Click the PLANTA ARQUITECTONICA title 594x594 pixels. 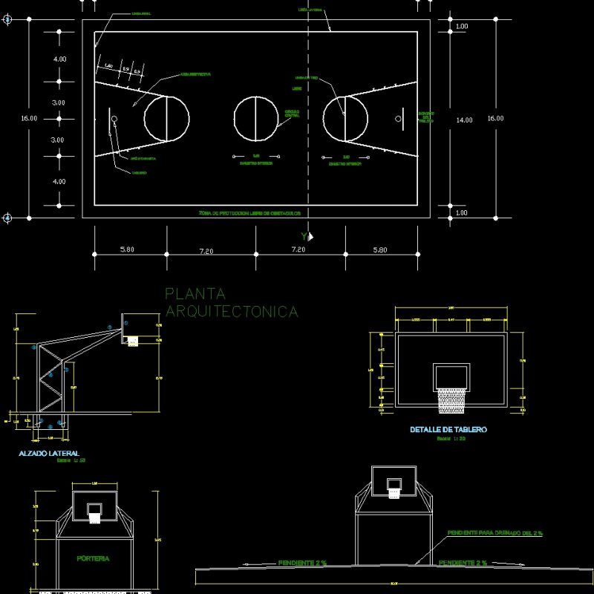pyautogui.click(x=231, y=303)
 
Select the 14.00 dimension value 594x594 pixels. pyautogui.click(x=464, y=120)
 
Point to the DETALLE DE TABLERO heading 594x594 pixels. pyautogui.click(x=448, y=430)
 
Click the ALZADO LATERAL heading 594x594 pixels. pyautogui.click(x=48, y=453)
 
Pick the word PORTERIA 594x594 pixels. pyautogui.click(x=94, y=558)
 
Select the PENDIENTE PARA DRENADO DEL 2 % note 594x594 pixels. pyautogui.click(x=495, y=533)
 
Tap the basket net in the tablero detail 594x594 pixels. pyautogui.click(x=451, y=400)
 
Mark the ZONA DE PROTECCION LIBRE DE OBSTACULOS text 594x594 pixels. pyautogui.click(x=249, y=212)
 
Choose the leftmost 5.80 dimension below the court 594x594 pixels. pyautogui.click(x=127, y=250)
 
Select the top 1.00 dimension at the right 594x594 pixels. pyautogui.click(x=462, y=27)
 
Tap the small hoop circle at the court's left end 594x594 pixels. pyautogui.click(x=114, y=119)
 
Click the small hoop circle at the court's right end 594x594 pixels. pyautogui.click(x=398, y=119)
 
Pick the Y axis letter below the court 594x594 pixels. pyautogui.click(x=304, y=235)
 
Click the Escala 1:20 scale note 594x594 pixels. pyautogui.click(x=451, y=440)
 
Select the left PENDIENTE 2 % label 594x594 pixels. pyautogui.click(x=304, y=564)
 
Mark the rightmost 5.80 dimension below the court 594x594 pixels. pyautogui.click(x=380, y=250)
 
